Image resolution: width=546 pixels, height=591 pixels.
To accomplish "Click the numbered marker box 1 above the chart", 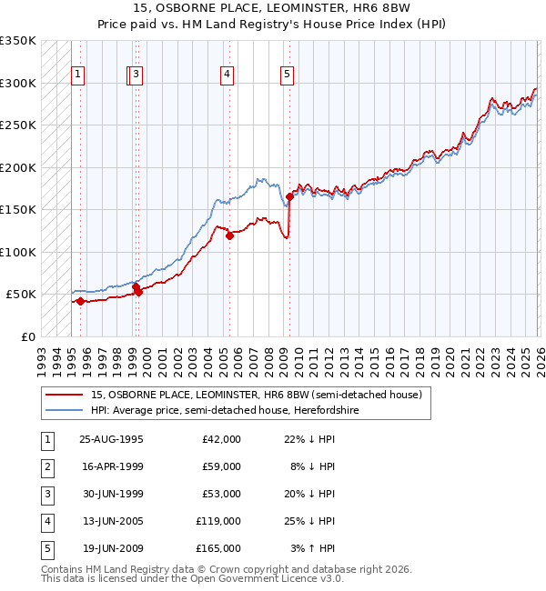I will (78, 75).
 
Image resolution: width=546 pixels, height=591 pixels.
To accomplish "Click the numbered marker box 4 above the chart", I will (226, 75).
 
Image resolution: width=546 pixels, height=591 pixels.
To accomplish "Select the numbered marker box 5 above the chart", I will (287, 75).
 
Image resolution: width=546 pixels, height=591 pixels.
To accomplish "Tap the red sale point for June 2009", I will (289, 196).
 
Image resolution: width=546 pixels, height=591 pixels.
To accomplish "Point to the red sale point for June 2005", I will (229, 235).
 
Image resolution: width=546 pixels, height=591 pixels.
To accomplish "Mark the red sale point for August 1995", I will (80, 301).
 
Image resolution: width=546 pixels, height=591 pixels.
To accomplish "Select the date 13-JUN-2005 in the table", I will (112, 521).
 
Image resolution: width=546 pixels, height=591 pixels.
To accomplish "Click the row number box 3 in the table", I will (45, 494).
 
